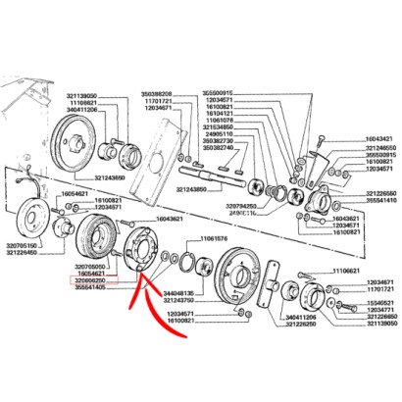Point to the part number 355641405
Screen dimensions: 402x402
[93, 287]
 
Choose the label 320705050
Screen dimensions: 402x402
[93, 265]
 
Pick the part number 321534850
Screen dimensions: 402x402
[221, 127]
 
